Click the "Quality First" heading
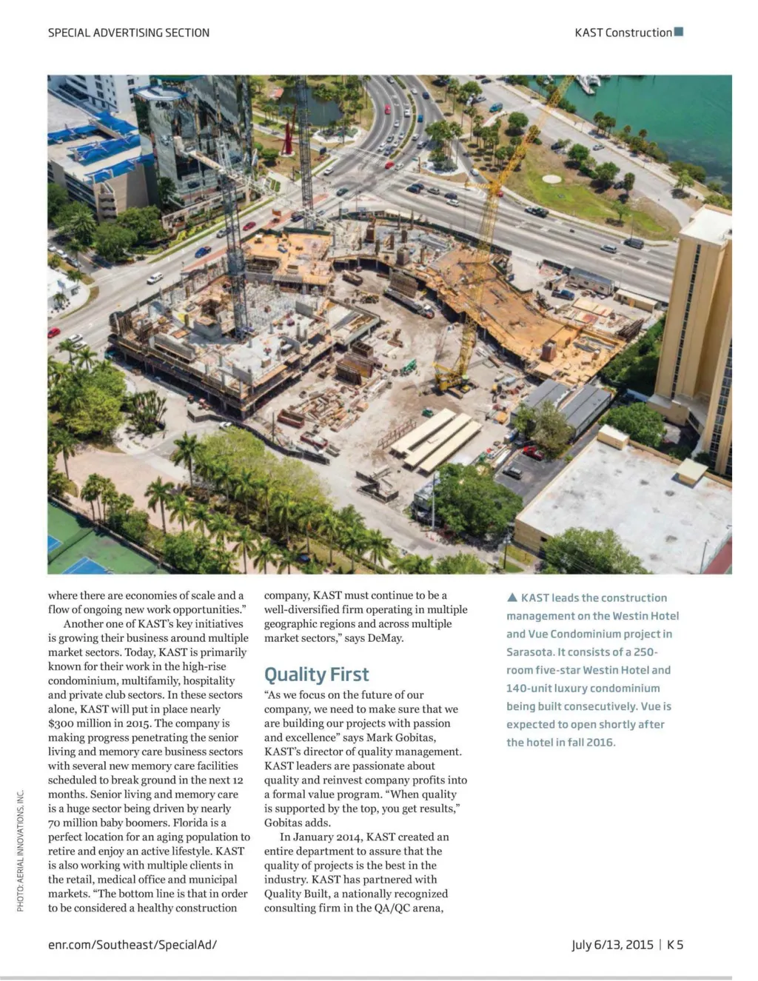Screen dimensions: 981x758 [316, 674]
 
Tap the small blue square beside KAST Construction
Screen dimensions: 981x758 [679, 32]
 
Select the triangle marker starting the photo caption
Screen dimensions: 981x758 [512, 597]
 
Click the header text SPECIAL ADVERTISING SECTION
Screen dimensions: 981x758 [129, 33]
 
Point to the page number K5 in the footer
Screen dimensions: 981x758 [675, 945]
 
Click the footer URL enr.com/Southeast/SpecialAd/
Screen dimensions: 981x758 [133, 945]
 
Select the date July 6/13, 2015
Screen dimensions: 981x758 [612, 945]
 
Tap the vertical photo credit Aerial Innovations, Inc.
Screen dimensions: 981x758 [21, 851]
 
